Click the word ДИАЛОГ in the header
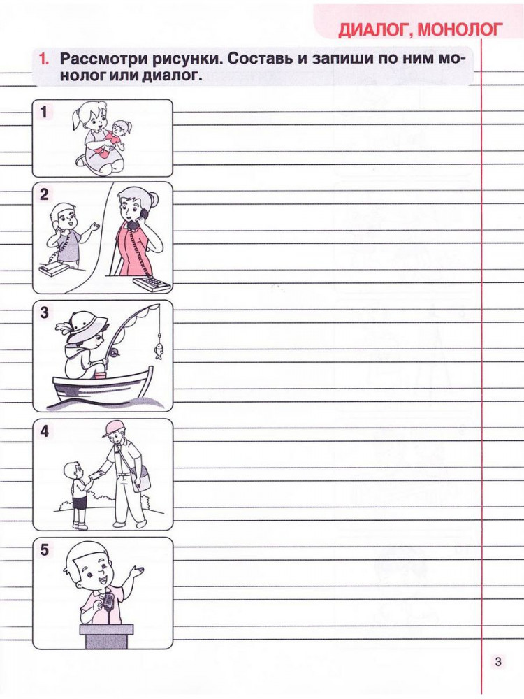tap(374, 30)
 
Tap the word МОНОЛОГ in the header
tap(460, 29)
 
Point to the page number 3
tap(497, 661)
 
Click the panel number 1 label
tap(43, 111)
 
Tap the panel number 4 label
tap(43, 431)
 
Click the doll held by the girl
tap(115, 137)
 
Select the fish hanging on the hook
tap(158, 351)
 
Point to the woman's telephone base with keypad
tap(152, 284)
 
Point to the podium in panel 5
tap(106, 636)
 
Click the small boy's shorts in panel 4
tap(80, 503)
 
